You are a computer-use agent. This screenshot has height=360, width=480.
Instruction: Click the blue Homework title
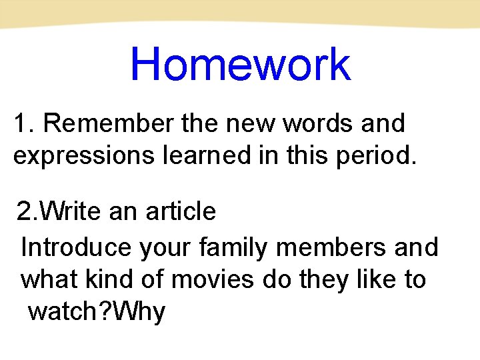pos(240,65)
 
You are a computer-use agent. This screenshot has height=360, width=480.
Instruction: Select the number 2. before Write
pos(28,212)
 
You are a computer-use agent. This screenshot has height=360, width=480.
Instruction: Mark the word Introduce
pos(77,247)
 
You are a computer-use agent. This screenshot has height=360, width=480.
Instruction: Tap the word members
pos(329,247)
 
